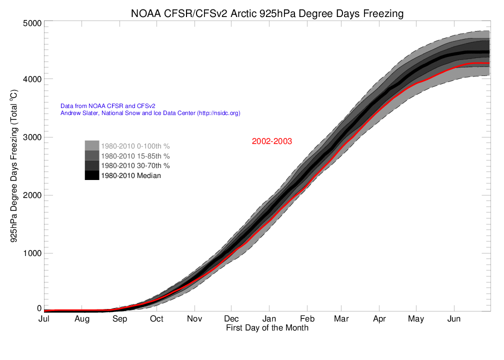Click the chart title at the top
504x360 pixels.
tap(266, 13)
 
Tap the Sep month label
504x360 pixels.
tap(119, 319)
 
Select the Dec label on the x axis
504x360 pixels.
tap(231, 319)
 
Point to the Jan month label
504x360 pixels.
tap(269, 319)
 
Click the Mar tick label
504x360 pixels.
tap(341, 319)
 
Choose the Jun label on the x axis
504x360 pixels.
tap(453, 319)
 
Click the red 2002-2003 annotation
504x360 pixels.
tap(271, 141)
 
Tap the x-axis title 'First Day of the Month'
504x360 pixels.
tap(267, 328)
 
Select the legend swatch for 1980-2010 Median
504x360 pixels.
tap(92, 175)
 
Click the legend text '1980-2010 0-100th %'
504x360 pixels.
tap(135, 146)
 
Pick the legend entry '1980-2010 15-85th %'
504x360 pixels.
tap(135, 156)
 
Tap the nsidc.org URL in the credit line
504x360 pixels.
tap(219, 113)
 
